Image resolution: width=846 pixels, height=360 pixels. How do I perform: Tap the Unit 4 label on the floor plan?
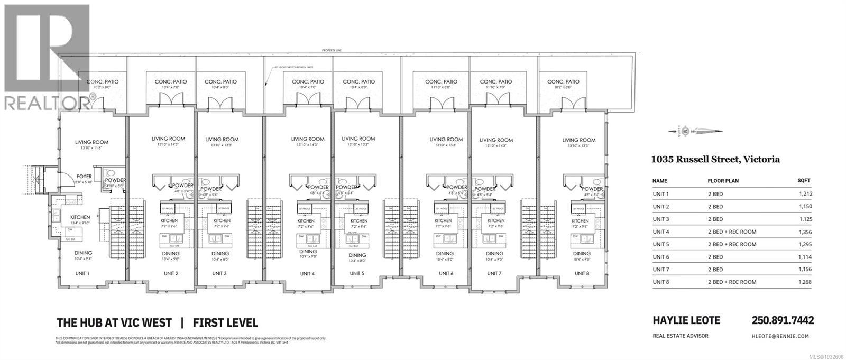pyautogui.click(x=307, y=273)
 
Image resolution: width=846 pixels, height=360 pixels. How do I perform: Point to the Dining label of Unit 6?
pyautogui.click(x=445, y=254)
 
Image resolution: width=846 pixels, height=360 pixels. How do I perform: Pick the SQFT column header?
pyautogui.click(x=804, y=181)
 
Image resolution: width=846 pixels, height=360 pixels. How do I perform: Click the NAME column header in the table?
pyautogui.click(x=660, y=181)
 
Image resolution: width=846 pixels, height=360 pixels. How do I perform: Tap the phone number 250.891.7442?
pyautogui.click(x=783, y=320)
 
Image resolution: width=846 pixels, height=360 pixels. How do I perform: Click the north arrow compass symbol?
pyautogui.click(x=686, y=131)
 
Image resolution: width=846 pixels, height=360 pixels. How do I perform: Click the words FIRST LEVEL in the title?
pyautogui.click(x=225, y=322)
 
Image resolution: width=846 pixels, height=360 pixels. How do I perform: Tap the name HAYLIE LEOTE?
pyautogui.click(x=686, y=320)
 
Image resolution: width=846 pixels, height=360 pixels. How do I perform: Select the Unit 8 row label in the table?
pyautogui.click(x=660, y=282)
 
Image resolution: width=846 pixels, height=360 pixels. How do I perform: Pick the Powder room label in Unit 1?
pyautogui.click(x=116, y=180)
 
